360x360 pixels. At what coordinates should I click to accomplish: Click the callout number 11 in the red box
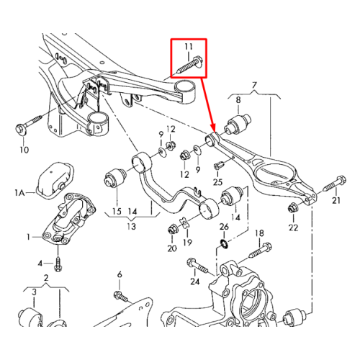[x=189, y=47]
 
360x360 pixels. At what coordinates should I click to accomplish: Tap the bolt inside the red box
[x=189, y=65]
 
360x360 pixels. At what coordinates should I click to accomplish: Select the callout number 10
[x=24, y=150]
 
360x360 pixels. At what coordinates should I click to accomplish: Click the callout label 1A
[x=19, y=192]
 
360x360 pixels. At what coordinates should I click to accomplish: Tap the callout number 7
[x=254, y=85]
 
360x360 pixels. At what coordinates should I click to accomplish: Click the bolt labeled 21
[x=334, y=184]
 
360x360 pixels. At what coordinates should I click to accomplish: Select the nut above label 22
[x=292, y=207]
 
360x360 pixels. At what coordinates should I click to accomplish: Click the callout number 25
[x=217, y=182]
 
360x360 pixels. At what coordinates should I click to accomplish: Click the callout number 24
[x=195, y=282]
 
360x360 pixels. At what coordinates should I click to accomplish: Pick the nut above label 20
[x=173, y=230]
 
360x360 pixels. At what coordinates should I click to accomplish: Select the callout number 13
[x=132, y=227]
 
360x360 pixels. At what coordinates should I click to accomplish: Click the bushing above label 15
[x=115, y=177]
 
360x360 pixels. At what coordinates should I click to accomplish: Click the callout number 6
[x=120, y=274]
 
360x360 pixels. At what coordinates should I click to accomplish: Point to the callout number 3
[x=34, y=292]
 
